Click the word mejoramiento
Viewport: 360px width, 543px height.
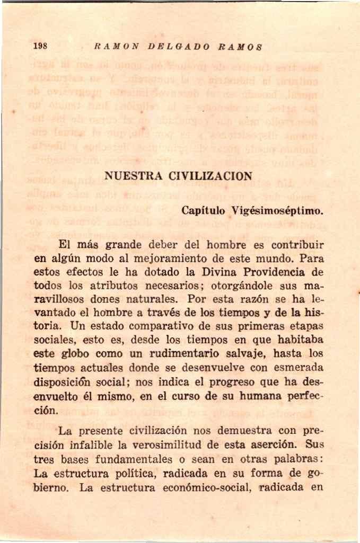click(173, 260)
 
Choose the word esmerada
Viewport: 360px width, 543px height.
click(296, 366)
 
